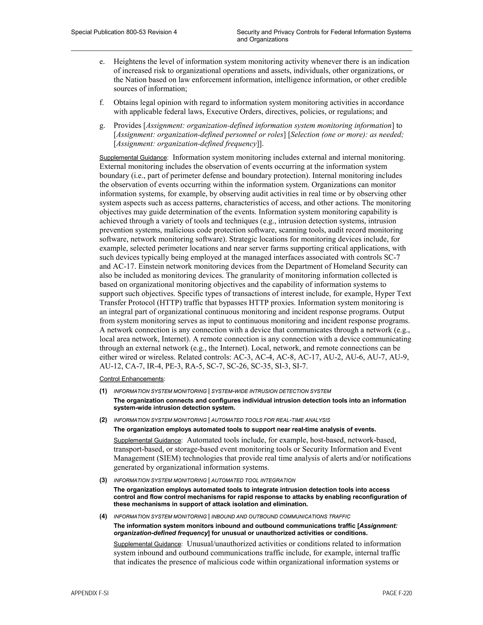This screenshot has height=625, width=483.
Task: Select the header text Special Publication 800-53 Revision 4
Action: pyautogui.click(x=124, y=32)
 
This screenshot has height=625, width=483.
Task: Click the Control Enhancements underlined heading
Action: pyautogui.click(x=132, y=379)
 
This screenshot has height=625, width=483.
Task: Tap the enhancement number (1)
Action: pyautogui.click(x=103, y=391)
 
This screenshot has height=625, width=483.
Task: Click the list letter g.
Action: pyautogui.click(x=102, y=126)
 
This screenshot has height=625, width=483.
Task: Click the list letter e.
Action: pyautogui.click(x=102, y=62)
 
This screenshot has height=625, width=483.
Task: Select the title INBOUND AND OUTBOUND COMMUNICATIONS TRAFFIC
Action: pyautogui.click(x=280, y=517)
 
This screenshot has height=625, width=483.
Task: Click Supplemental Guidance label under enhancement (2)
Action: pyautogui.click(x=147, y=440)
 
